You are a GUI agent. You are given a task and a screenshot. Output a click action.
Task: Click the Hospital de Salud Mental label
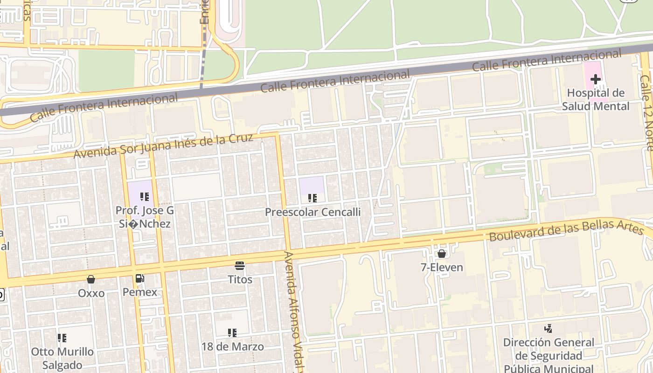595,99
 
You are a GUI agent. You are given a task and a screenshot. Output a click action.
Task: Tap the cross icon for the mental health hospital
595,79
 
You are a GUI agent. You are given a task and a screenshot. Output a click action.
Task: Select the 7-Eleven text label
441,267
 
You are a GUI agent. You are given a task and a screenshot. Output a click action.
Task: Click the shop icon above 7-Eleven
441,254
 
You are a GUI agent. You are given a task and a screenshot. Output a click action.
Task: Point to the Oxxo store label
91,293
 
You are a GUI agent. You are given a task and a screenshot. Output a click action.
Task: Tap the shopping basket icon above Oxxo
91,279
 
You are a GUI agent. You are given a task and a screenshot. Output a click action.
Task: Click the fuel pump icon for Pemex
139,278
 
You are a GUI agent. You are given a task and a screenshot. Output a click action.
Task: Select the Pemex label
139,292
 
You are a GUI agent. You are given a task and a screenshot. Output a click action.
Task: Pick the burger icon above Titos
240,266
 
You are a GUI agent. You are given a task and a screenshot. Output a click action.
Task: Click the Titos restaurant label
240,280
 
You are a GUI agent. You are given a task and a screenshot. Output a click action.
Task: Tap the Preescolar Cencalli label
313,212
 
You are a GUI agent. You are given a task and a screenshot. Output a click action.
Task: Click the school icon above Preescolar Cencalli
313,198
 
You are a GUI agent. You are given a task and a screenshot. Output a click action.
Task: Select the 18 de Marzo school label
232,346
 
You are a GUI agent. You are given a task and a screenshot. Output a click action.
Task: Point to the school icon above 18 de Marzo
232,333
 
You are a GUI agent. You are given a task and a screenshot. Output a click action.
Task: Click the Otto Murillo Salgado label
62,358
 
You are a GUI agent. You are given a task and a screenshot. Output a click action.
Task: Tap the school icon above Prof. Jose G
145,197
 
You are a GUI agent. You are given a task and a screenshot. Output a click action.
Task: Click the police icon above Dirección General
549,328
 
